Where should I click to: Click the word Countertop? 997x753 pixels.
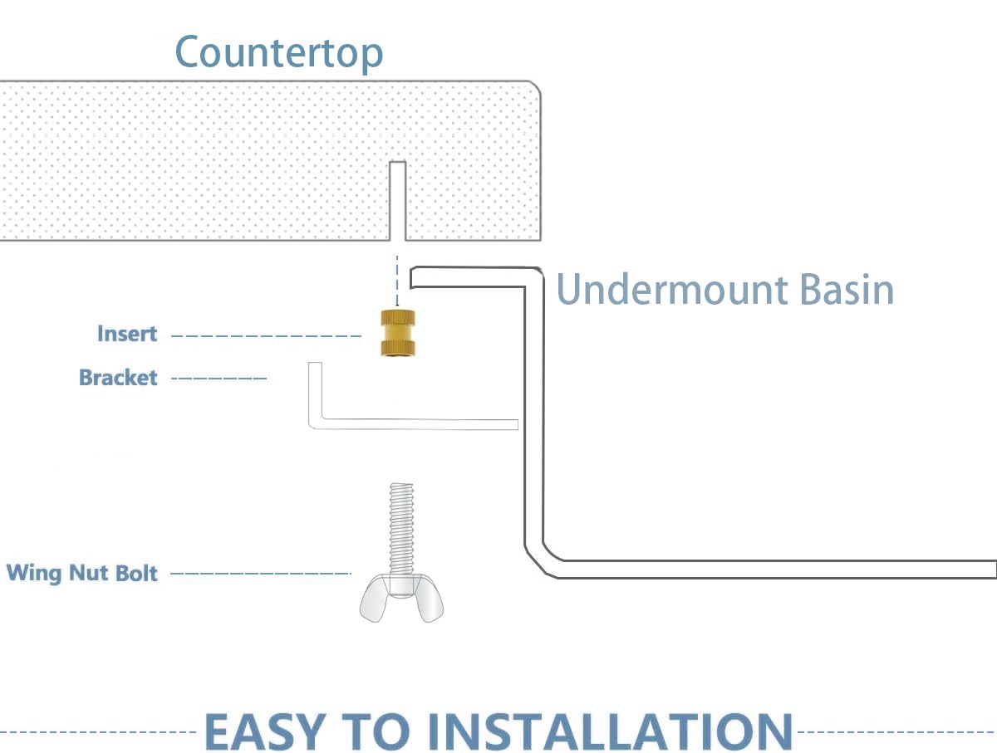pyautogui.click(x=279, y=53)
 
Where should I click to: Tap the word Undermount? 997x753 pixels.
pyautogui.click(x=672, y=290)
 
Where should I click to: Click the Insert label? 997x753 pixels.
pyautogui.click(x=127, y=334)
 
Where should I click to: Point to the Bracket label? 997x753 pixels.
pyautogui.click(x=118, y=377)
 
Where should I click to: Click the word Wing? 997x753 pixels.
pyautogui.click(x=34, y=574)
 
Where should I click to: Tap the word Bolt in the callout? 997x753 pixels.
pyautogui.click(x=136, y=573)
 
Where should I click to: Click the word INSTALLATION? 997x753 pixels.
pyautogui.click(x=610, y=731)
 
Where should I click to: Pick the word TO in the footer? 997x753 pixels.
pyautogui.click(x=376, y=731)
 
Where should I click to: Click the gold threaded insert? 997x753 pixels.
pyautogui.click(x=397, y=333)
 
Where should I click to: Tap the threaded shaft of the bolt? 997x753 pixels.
pyautogui.click(x=401, y=529)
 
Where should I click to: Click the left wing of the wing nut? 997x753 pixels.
pyautogui.click(x=374, y=599)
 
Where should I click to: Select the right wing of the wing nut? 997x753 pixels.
pyautogui.click(x=429, y=599)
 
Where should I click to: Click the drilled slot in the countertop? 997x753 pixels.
pyautogui.click(x=397, y=201)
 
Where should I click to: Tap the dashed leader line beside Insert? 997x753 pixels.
pyautogui.click(x=266, y=336)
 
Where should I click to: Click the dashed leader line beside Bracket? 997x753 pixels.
pyautogui.click(x=219, y=378)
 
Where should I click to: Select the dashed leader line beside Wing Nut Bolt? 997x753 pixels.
pyautogui.click(x=261, y=574)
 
